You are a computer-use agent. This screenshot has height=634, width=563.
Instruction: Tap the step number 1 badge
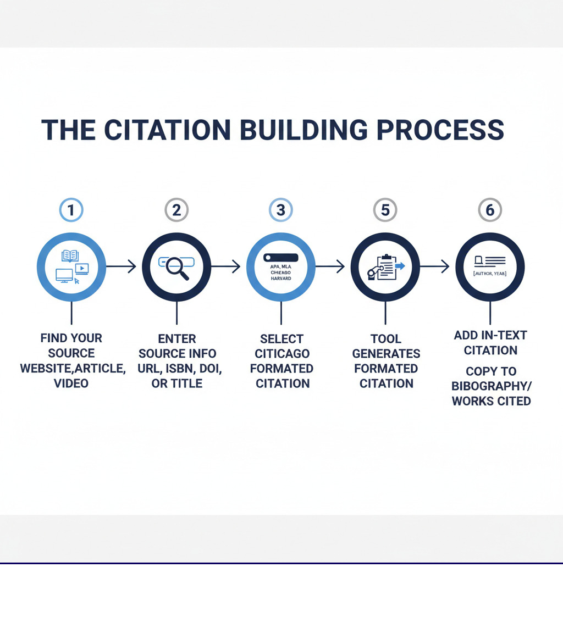coord(71,210)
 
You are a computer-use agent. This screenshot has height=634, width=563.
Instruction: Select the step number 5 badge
coord(385,210)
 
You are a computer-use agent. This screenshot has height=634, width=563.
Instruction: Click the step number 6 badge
coord(490,210)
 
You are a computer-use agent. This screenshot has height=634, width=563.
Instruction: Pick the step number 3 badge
coord(281,210)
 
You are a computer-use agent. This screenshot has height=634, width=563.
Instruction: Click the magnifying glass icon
coord(178,268)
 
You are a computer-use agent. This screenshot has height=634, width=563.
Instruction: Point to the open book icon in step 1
coord(70,255)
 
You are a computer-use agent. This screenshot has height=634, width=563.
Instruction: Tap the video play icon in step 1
coord(82,269)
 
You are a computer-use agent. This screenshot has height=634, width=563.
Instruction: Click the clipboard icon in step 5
coord(387,267)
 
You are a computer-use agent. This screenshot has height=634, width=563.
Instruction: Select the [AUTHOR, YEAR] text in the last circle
coord(490,273)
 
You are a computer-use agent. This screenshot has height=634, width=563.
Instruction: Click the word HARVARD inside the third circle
coord(281,279)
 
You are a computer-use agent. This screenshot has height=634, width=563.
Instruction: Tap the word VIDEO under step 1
coord(71,383)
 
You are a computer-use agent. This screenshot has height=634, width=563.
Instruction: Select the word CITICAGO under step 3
coord(282,353)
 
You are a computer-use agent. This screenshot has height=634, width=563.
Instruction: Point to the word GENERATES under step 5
coord(386,353)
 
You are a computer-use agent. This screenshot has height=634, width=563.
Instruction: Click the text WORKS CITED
coord(491,401)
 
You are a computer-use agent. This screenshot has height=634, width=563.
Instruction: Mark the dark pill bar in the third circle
coord(280,257)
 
